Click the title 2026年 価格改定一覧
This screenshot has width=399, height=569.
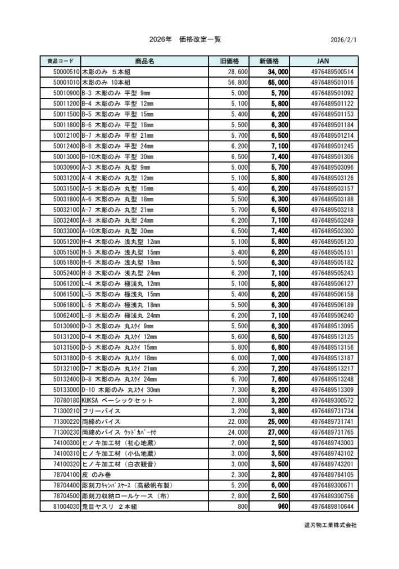(x=185, y=39)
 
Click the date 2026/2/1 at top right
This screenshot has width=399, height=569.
(x=344, y=40)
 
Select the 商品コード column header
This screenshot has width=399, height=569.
(x=61, y=61)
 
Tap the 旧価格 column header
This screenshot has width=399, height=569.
(x=229, y=61)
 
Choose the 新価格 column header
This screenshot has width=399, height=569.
(x=273, y=61)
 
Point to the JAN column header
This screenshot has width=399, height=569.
(x=323, y=61)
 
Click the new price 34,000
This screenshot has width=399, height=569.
(x=278, y=72)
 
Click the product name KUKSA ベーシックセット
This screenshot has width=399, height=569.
(x=117, y=400)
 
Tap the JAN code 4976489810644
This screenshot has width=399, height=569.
(x=332, y=507)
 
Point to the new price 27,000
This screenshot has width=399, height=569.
(x=278, y=432)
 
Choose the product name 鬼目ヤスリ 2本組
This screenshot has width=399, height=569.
(x=110, y=507)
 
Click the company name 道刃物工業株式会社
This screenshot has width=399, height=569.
(x=330, y=525)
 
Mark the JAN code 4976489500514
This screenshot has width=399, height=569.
(x=332, y=72)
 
